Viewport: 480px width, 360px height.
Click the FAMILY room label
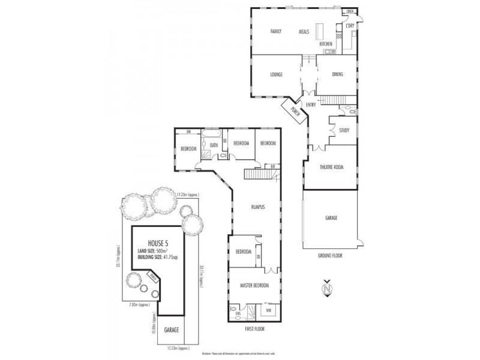[276, 31]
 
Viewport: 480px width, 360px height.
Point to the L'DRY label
[349, 25]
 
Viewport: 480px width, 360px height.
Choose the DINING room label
[337, 74]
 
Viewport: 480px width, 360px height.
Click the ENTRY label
[311, 105]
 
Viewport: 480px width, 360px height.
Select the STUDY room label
[344, 130]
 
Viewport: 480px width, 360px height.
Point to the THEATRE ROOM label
[331, 167]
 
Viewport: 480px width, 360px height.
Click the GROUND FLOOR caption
[331, 255]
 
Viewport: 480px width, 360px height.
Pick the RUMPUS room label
[258, 206]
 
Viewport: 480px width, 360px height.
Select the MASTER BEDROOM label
[254, 285]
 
